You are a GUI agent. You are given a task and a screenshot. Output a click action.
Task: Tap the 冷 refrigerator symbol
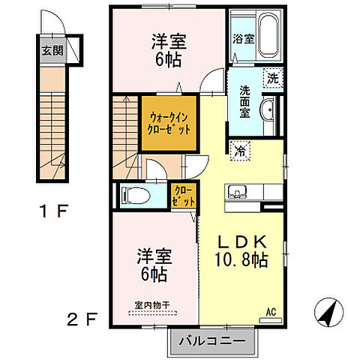click(241, 149)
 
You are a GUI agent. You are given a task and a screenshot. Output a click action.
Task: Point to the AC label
click(271, 310)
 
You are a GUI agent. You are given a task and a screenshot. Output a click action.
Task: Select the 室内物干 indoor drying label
click(152, 304)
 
